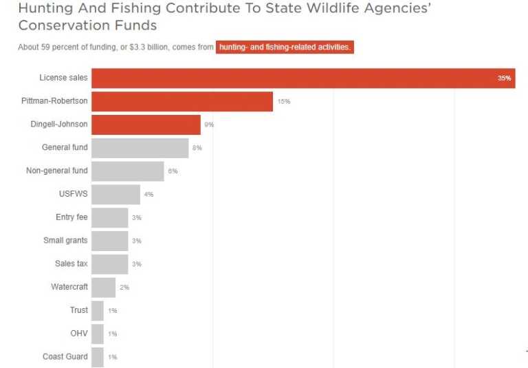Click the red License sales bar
(x=302, y=78)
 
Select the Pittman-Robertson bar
(x=182, y=102)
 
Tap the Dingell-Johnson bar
(x=146, y=125)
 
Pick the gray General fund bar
(x=140, y=148)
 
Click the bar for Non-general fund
(x=127, y=171)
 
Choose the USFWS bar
(x=115, y=195)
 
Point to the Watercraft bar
(x=103, y=288)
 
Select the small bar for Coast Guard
(x=98, y=357)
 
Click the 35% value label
(x=504, y=78)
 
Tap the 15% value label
(x=284, y=102)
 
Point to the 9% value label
(x=209, y=125)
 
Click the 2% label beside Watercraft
(x=124, y=288)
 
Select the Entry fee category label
(x=71, y=217)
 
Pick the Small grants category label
(x=65, y=241)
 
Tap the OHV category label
(x=78, y=334)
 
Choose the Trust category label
(x=79, y=310)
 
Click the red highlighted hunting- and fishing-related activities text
(x=285, y=47)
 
